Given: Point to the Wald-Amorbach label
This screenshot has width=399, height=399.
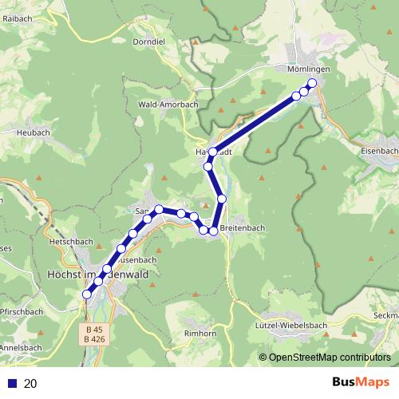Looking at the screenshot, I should [x=167, y=105].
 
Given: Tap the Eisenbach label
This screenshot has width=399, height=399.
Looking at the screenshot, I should [x=378, y=150].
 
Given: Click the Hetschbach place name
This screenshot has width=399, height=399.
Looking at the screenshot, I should [x=73, y=239].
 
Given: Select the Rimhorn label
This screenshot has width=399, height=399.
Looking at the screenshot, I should [x=200, y=333].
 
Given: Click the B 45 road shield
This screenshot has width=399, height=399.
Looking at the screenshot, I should [x=95, y=329].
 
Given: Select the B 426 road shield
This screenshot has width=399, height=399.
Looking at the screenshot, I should [x=95, y=339].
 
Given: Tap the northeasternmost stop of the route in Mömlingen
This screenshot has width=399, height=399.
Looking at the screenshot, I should [x=312, y=83].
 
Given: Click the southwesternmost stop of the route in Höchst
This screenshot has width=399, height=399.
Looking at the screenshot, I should [x=87, y=294].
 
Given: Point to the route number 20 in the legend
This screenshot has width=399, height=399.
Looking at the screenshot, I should [x=30, y=384].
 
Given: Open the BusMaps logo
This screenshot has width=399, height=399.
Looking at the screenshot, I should [x=357, y=383].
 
